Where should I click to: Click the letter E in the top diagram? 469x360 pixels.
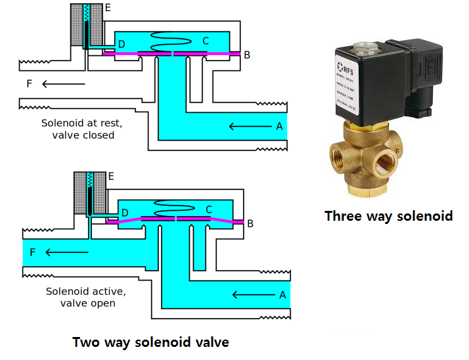point(108,8)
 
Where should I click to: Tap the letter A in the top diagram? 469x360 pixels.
point(279,125)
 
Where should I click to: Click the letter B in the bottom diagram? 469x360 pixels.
point(249,223)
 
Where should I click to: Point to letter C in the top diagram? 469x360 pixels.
point(206,41)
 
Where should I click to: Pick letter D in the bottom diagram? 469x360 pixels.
point(125,212)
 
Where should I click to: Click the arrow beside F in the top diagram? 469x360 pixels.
point(64,83)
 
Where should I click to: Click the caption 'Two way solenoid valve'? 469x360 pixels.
point(150,342)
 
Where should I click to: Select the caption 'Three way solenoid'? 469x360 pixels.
point(388,215)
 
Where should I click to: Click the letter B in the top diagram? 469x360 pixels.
point(247,55)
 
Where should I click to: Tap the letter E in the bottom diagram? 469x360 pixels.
point(111,176)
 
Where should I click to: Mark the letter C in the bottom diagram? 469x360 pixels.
point(209,210)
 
